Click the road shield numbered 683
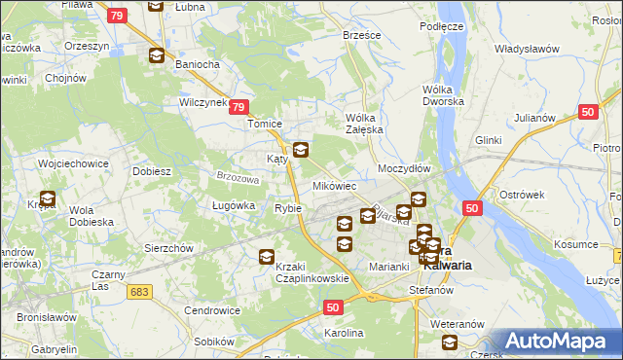[x=140, y=291]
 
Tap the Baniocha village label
[x=182, y=65]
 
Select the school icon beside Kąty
[x=301, y=151]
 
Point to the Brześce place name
[x=361, y=34]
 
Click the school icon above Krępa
[x=47, y=200]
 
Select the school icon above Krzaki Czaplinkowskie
[x=266, y=258]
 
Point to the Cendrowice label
[x=212, y=311]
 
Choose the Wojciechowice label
[x=72, y=163]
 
